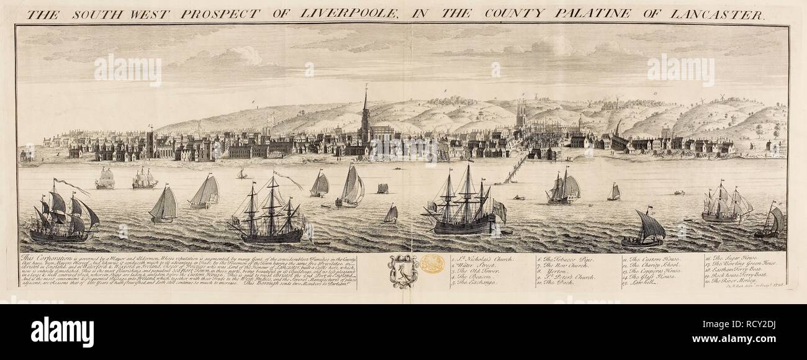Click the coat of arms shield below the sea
(x=403, y=272)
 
